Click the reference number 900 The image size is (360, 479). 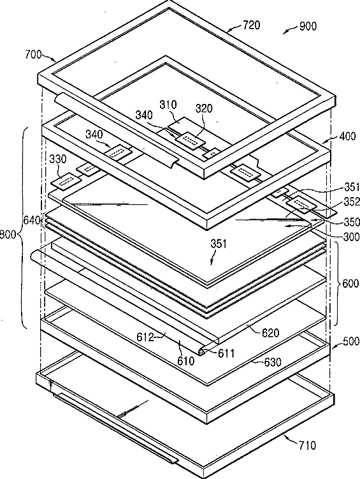308,26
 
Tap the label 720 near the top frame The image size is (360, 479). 252,25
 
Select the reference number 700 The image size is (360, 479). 33,55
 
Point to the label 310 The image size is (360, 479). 168,105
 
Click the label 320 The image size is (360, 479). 204,108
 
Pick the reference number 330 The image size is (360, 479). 57,159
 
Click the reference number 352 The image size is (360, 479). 352,202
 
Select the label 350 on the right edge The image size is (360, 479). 352,222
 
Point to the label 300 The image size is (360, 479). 352,237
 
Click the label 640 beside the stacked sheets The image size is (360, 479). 32,220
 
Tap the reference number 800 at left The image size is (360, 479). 8,235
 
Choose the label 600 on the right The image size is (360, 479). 350,283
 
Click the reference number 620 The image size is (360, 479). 271,333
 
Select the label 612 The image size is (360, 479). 145,337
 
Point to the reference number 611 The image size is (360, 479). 226,353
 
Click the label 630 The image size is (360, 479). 272,362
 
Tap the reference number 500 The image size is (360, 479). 351,341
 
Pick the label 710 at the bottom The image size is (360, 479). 307,445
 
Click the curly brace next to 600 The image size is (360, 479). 338,283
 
